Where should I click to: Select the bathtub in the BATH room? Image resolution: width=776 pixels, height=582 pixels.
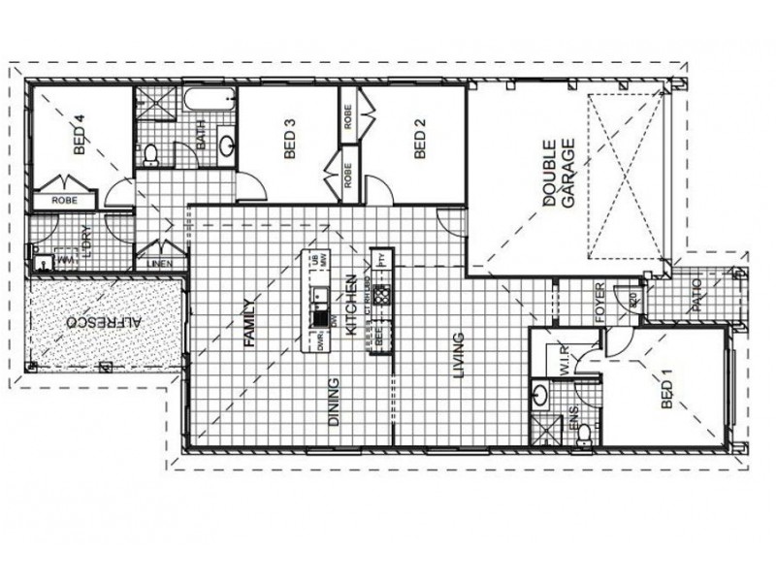(x=210, y=101)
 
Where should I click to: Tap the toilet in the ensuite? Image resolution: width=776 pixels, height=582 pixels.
(x=583, y=438)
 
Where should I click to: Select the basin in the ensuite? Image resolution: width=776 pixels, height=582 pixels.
(x=539, y=395)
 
